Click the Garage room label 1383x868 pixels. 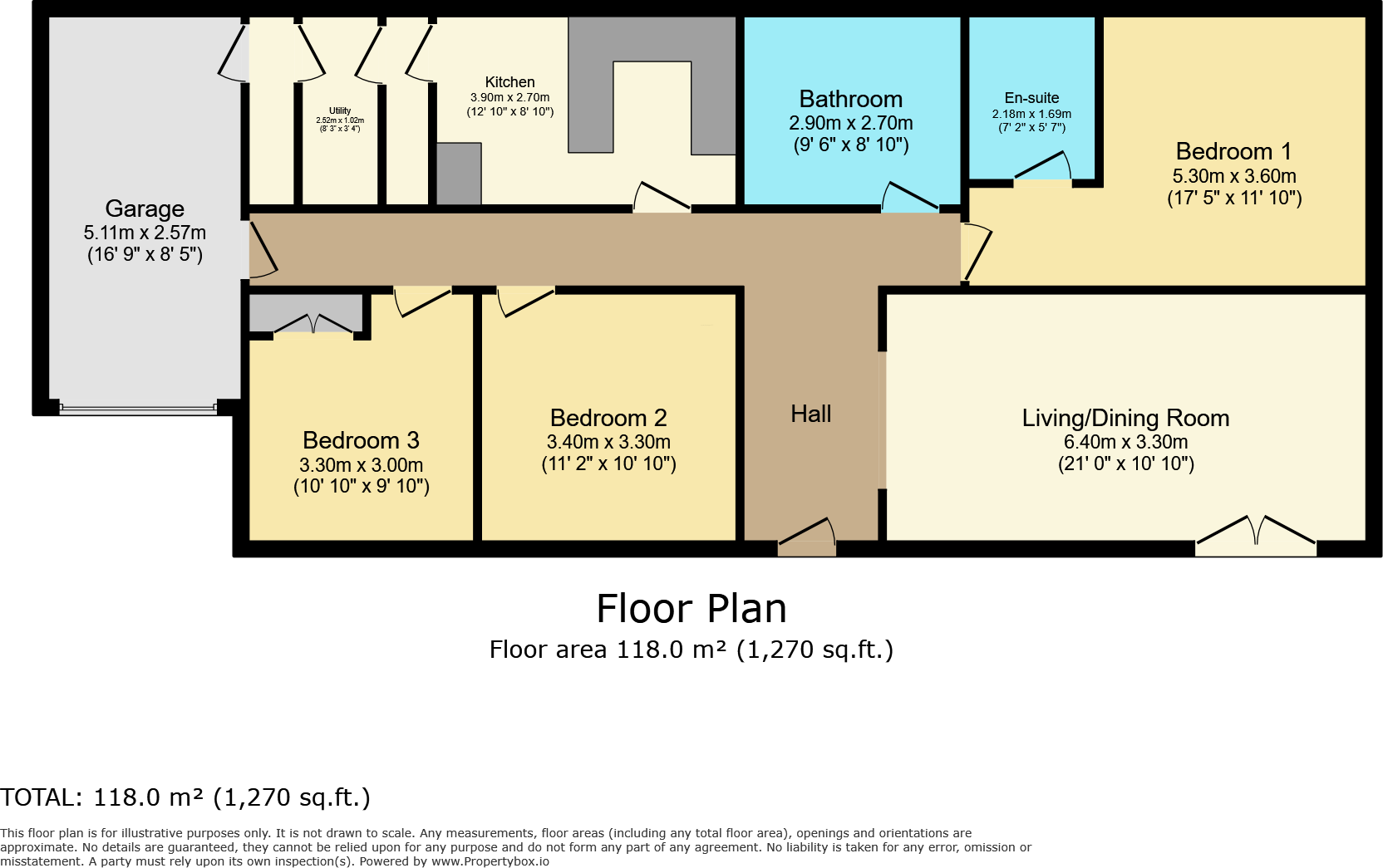(145, 208)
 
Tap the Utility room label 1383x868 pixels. (340, 110)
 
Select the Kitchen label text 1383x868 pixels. (509, 82)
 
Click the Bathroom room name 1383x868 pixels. (850, 99)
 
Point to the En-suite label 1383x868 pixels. (1031, 98)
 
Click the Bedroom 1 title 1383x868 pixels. (1233, 151)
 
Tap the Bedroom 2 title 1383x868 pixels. (608, 418)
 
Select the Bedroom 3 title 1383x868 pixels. (361, 440)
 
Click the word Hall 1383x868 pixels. (810, 414)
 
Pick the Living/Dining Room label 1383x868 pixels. (1125, 418)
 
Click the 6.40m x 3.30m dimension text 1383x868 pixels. (1125, 442)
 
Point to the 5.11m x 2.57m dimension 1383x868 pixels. (145, 233)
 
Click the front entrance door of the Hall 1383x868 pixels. (807, 536)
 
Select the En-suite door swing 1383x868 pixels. (1042, 167)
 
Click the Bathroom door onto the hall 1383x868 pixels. (909, 199)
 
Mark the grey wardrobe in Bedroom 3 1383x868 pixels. (306, 312)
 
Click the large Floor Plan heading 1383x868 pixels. (691, 609)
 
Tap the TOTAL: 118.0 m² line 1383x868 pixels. (185, 797)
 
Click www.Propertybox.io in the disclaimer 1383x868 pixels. (490, 861)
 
